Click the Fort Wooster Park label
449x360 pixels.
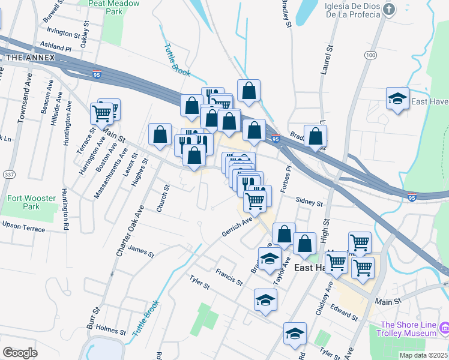coord(32,203)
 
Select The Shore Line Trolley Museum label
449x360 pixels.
coord(407,329)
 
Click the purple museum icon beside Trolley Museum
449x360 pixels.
coord(444,328)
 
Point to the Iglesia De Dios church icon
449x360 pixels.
coord(390,10)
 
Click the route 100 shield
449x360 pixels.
coord(370,55)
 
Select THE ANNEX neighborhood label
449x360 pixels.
coord(30,58)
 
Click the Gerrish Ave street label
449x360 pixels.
coord(237,226)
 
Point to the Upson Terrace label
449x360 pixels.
coord(23,226)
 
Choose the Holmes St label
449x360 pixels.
coord(110,331)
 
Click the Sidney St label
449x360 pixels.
coord(309,202)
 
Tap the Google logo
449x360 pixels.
coord(20,353)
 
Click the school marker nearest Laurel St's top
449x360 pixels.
coord(397,99)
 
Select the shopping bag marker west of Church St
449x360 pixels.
coord(160,136)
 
